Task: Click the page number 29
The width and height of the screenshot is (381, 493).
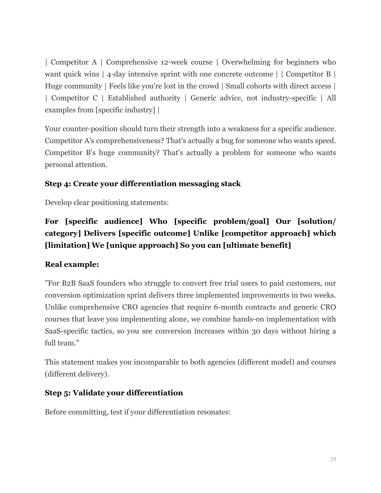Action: [x=333, y=459]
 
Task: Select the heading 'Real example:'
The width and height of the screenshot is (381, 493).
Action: [x=72, y=264]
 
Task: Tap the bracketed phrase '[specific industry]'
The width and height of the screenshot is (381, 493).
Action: [x=125, y=110]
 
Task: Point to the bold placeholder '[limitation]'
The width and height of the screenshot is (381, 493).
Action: [x=67, y=245]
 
